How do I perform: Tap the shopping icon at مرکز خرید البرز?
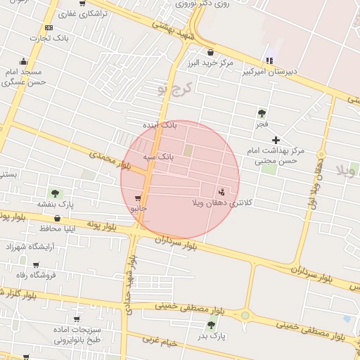pos(210,51)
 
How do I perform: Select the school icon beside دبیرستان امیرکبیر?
pos(268,60)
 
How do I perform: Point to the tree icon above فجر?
pos(262,112)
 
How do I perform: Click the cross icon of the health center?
pos(276,140)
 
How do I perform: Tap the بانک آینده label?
pos(180,125)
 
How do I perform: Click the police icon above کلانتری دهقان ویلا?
pos(222,191)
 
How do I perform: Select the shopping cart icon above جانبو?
pos(138,198)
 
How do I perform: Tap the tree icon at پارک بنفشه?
pos(55,193)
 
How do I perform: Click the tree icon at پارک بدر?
pos(211,324)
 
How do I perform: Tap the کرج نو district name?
pos(173,90)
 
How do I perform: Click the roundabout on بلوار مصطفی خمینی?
pos(245,316)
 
